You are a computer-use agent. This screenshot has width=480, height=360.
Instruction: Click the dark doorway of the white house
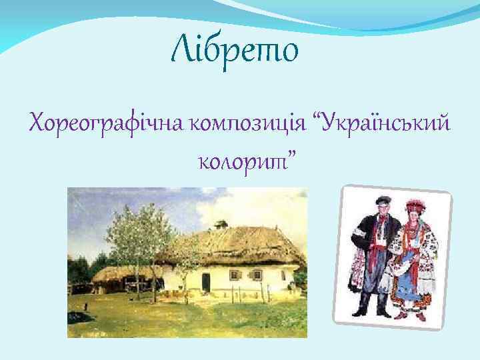(x=206, y=282)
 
